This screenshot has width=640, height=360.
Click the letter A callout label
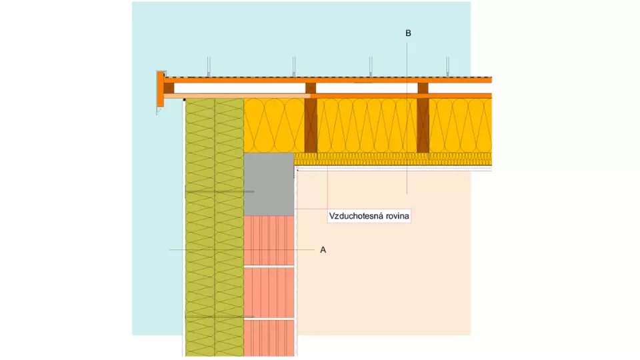[323, 250]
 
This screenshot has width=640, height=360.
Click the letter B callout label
[408, 33]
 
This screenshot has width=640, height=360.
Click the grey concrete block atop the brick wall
[269, 185]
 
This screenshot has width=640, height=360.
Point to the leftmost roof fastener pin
[209, 67]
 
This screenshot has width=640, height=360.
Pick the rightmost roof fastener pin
[448, 67]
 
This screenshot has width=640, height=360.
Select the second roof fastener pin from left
[294, 67]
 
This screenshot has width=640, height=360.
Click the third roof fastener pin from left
[371, 67]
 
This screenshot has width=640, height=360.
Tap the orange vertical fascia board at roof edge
[161, 89]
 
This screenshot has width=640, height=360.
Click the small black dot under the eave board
[185, 99]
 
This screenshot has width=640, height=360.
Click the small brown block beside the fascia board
[169, 88]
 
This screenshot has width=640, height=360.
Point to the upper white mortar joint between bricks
[269, 267]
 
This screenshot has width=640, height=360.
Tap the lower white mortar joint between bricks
[269, 319]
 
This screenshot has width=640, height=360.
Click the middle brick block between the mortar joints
[269, 293]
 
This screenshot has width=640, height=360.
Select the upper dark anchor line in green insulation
[220, 191]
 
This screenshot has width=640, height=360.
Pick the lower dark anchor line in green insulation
[220, 316]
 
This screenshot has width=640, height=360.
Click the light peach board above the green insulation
[237, 96]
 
